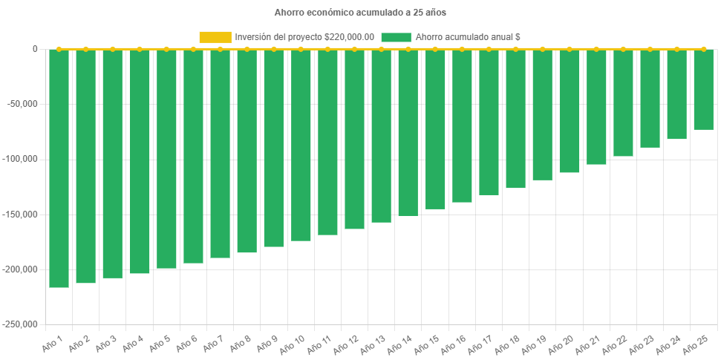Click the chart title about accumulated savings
[360, 13]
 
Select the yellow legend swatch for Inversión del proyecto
[215, 37]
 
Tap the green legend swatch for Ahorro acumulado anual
[396, 37]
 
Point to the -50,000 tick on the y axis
[24, 104]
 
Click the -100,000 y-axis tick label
[22, 159]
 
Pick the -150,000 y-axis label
[22, 214]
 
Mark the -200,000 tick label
[22, 269]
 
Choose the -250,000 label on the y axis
[22, 324]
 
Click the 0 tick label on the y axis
[35, 49]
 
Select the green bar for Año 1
[59, 168]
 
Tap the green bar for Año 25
[703, 89]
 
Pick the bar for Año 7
[221, 153]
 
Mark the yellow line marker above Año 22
[623, 49]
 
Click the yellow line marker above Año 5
[166, 49]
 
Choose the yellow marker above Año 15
[435, 49]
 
